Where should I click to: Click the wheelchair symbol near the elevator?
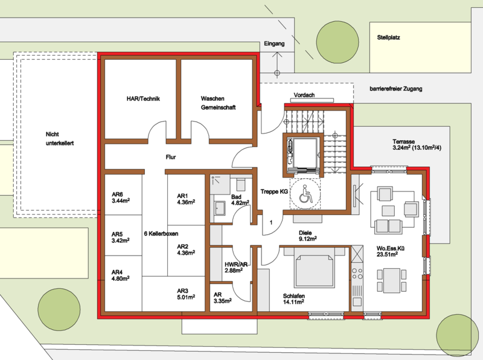[305, 194]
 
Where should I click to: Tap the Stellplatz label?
[388, 37]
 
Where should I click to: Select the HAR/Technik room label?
[143, 99]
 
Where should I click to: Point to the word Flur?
[171, 157]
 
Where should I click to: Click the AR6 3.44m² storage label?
[120, 198]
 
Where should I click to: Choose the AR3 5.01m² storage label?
[186, 294]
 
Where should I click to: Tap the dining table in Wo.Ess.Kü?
[391, 280]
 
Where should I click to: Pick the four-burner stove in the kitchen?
[357, 274]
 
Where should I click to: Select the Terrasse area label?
[417, 145]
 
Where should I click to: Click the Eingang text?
[274, 43]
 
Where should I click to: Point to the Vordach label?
[304, 95]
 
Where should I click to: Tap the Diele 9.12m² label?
[308, 236]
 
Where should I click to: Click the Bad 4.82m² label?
[240, 200]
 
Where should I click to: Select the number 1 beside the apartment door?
[271, 222]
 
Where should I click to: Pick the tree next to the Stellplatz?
[337, 42]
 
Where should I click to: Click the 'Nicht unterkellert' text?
[60, 139]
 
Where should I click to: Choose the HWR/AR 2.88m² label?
[236, 267]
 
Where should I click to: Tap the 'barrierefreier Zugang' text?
[396, 89]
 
